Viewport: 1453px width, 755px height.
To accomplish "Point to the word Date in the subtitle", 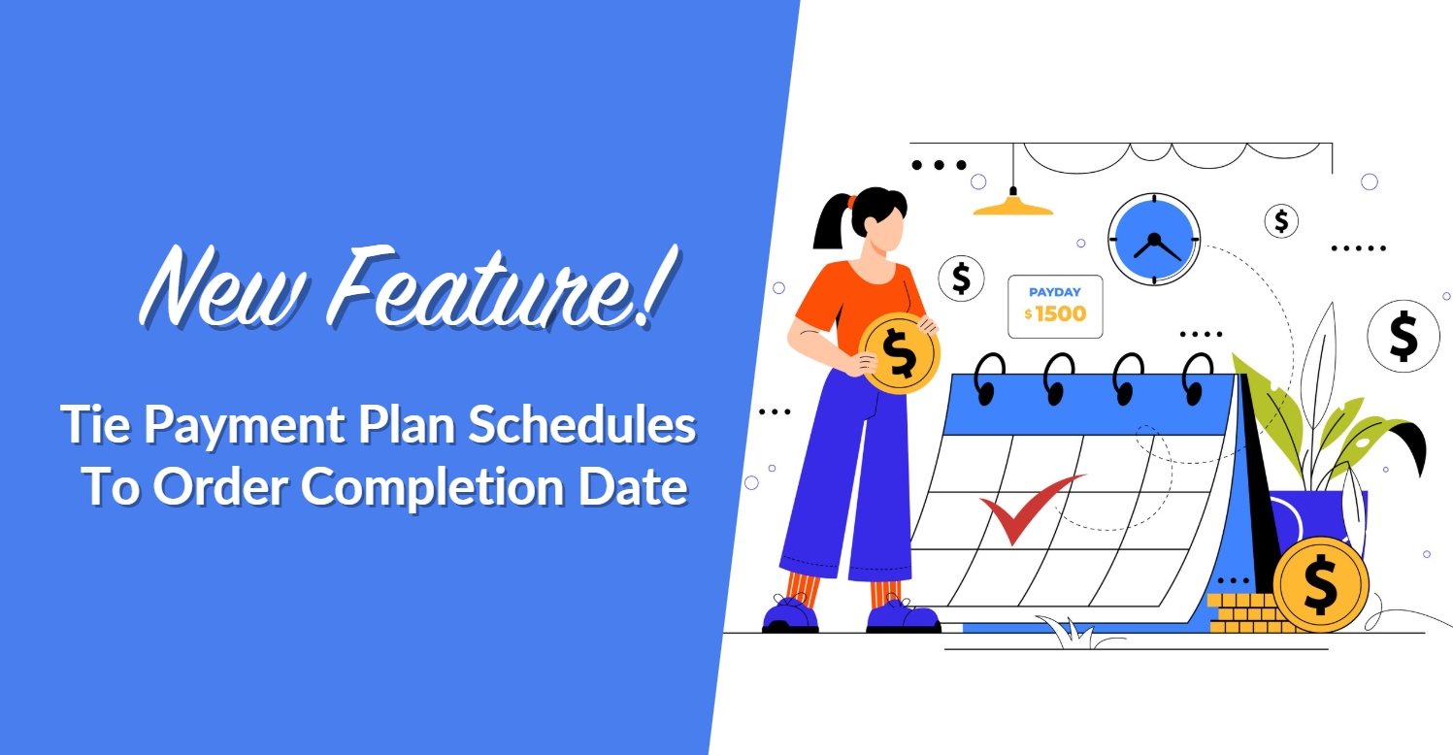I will click(635, 486).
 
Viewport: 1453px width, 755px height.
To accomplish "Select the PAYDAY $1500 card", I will click(1055, 307).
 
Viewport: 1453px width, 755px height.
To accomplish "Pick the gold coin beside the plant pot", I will click(1320, 584).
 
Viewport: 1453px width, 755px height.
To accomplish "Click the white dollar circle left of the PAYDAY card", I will click(961, 279).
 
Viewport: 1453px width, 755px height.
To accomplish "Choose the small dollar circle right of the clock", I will click(1281, 221).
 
